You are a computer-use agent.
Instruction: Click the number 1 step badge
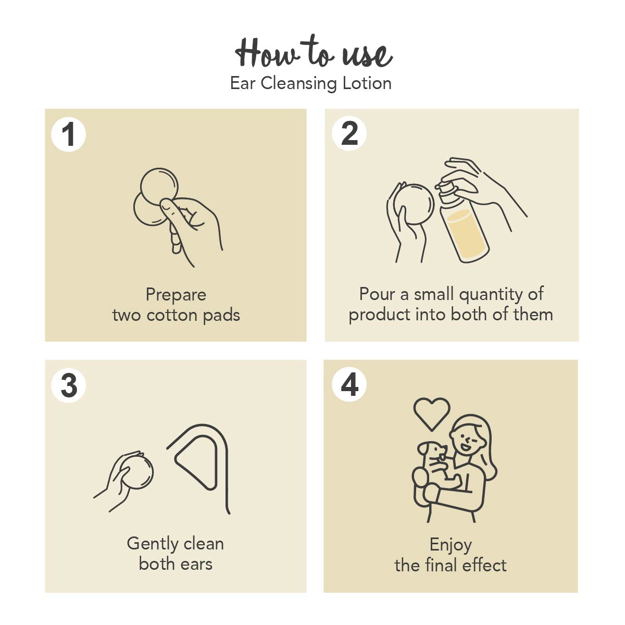coord(68,134)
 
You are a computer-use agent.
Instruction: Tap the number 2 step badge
coord(349,133)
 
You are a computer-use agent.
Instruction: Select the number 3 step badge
coord(68,385)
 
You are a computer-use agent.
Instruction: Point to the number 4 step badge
coord(349,384)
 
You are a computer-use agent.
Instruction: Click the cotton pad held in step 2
coord(414,204)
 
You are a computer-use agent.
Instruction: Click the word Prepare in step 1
coord(176,295)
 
